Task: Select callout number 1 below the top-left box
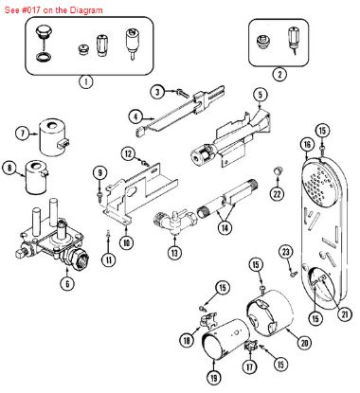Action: click(x=86, y=81)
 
